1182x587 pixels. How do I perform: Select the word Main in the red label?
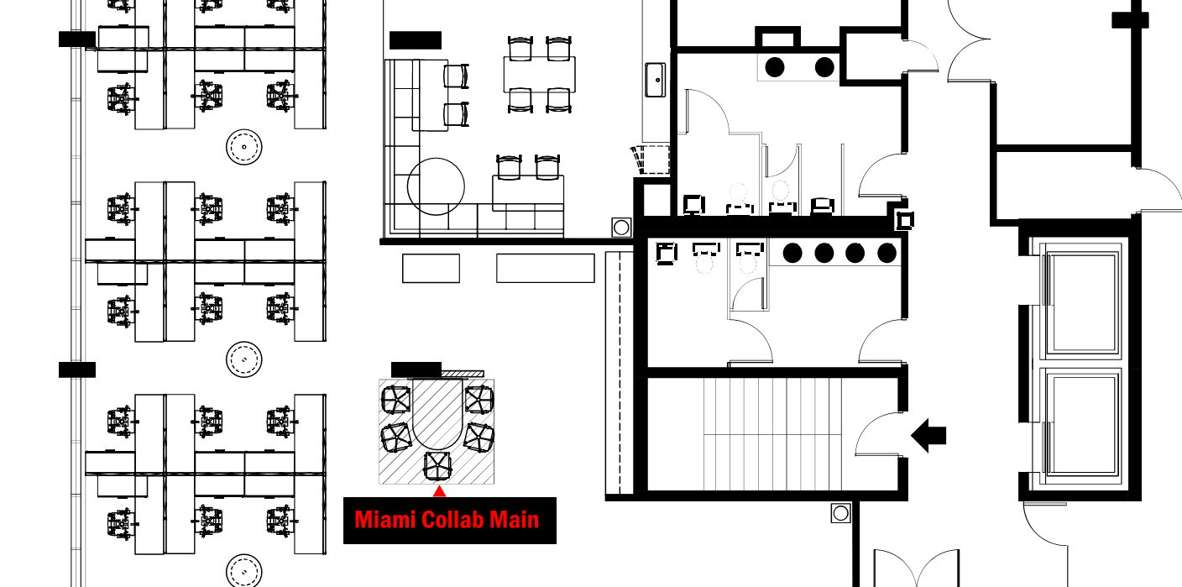[x=515, y=520]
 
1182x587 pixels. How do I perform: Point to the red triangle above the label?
[x=439, y=491]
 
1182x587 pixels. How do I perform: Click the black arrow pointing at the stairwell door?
[x=928, y=436]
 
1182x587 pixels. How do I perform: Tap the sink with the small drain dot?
[x=656, y=80]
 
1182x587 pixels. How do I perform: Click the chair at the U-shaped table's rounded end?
[x=437, y=467]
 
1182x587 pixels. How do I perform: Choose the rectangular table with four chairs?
[x=539, y=75]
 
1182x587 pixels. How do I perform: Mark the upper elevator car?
[x=1082, y=302]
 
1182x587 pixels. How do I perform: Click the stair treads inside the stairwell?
[x=772, y=434]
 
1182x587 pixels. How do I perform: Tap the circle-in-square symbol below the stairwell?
[x=840, y=512]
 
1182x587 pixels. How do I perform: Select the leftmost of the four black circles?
[x=792, y=253]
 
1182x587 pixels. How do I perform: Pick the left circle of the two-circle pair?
[x=775, y=67]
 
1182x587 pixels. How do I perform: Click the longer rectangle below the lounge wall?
[x=545, y=268]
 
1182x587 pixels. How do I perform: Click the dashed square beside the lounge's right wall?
[x=654, y=160]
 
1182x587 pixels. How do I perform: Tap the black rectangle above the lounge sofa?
[x=416, y=40]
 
